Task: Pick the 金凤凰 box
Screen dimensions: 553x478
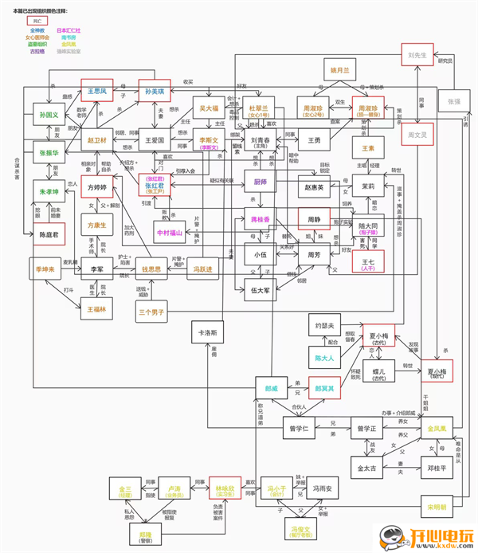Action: pyautogui.click(x=441, y=429)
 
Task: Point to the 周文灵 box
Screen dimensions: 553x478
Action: pyautogui.click(x=419, y=134)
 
